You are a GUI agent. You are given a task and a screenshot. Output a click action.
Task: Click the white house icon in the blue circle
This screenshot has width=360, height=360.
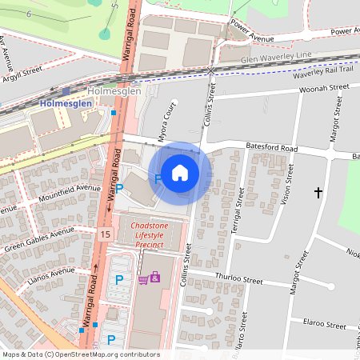[x=180, y=172]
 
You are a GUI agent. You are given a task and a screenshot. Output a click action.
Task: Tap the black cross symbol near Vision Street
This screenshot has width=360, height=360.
[x=318, y=193]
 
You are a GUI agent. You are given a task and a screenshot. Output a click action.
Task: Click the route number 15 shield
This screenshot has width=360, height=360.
[x=106, y=234]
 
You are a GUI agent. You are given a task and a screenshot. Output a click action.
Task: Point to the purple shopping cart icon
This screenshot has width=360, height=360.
[x=143, y=278]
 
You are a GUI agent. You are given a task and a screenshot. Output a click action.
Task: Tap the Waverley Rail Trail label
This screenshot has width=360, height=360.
[x=328, y=70]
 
